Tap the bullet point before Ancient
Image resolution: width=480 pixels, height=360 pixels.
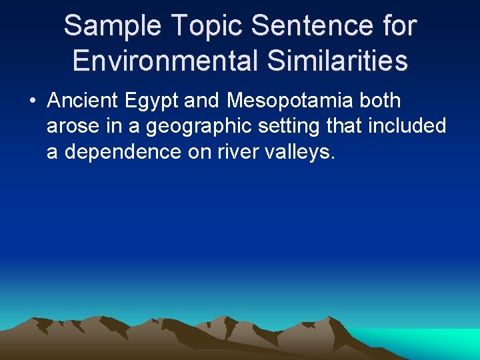pos(32,102)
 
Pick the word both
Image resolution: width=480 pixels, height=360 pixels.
pos(379,101)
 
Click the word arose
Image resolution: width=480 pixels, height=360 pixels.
pos(69,127)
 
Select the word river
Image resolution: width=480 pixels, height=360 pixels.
pos(244,152)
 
